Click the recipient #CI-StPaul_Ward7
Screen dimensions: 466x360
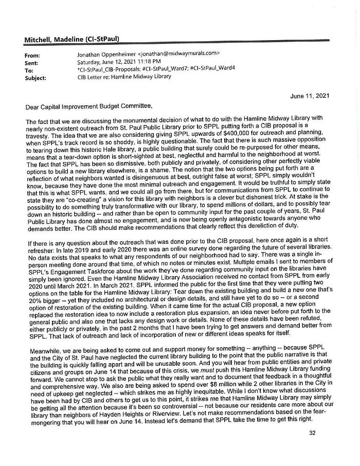165,69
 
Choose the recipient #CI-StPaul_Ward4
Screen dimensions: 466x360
212,69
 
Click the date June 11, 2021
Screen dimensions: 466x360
310,96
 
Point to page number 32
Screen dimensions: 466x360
312,433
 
